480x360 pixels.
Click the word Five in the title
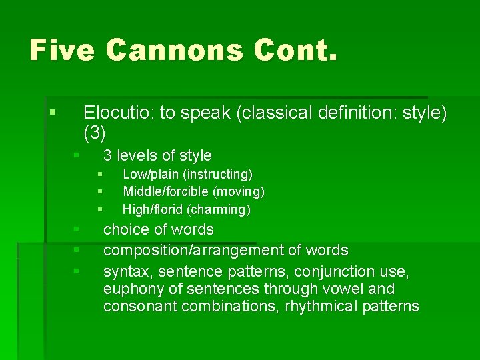click(x=62, y=51)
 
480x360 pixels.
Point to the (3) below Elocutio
click(x=95, y=133)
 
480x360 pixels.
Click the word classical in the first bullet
click(x=274, y=113)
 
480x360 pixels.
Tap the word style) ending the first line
click(x=421, y=113)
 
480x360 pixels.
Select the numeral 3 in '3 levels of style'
click(x=107, y=156)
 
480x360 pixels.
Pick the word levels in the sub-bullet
click(x=137, y=156)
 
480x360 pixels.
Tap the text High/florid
click(x=153, y=210)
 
